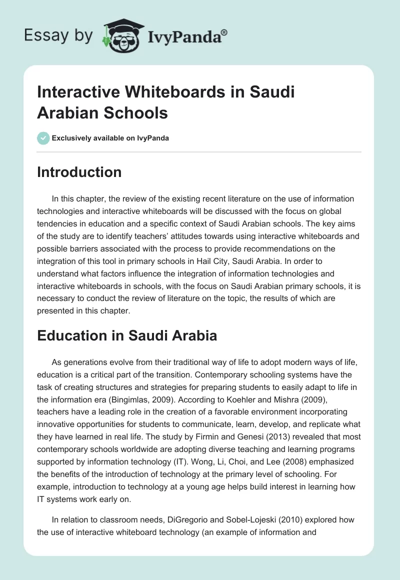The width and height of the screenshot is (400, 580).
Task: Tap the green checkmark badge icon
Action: [43, 138]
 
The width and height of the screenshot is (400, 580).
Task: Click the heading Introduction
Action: [79, 172]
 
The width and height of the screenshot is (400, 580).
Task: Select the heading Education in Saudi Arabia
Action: [127, 335]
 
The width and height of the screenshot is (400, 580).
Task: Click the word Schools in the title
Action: [136, 113]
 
